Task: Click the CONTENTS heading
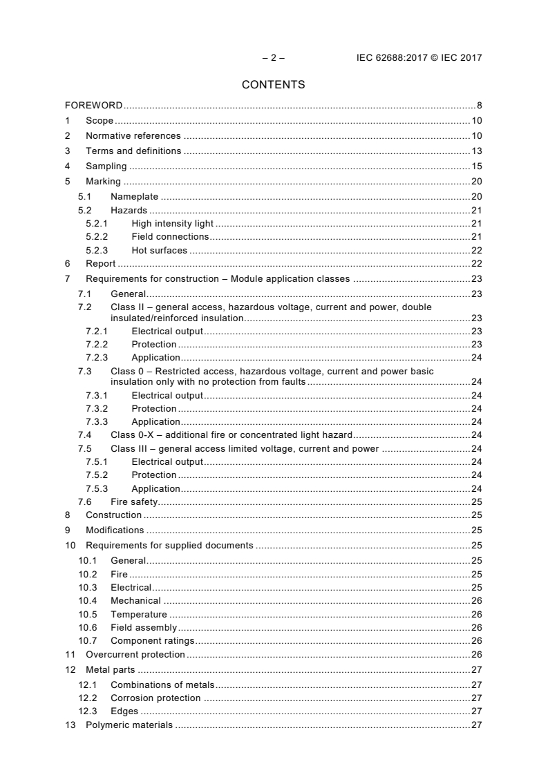point(273,85)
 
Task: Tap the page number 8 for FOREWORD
point(479,106)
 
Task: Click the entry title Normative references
point(133,136)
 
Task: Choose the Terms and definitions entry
point(133,151)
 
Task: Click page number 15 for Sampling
point(476,166)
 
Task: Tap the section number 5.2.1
point(96,224)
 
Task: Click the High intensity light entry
point(172,224)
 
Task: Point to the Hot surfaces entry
point(159,250)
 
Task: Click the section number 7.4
point(84,435)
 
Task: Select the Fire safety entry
point(134,502)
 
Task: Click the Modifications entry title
point(115,530)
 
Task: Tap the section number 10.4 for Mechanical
point(87,601)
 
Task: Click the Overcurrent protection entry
point(135,654)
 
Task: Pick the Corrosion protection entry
point(155,698)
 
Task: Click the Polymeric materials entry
point(129,725)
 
